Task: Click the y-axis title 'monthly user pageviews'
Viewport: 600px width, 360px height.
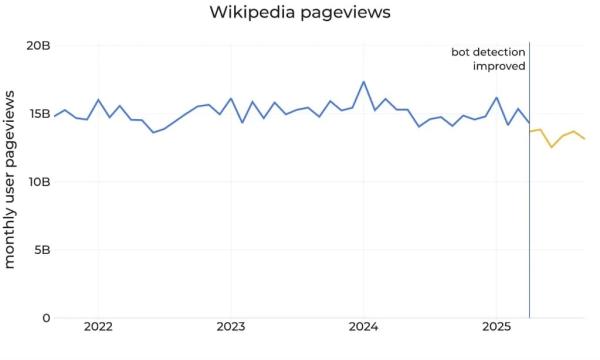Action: pos(11,180)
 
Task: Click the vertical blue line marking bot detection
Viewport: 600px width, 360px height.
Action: pos(529,200)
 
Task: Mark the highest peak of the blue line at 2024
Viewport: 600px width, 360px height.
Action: pos(363,82)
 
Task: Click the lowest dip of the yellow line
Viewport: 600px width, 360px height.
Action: pos(551,147)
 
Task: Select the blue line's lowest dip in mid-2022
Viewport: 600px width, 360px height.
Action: pos(153,133)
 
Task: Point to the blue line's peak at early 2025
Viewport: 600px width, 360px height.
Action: pos(496,98)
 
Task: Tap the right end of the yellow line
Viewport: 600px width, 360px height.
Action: pos(585,139)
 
